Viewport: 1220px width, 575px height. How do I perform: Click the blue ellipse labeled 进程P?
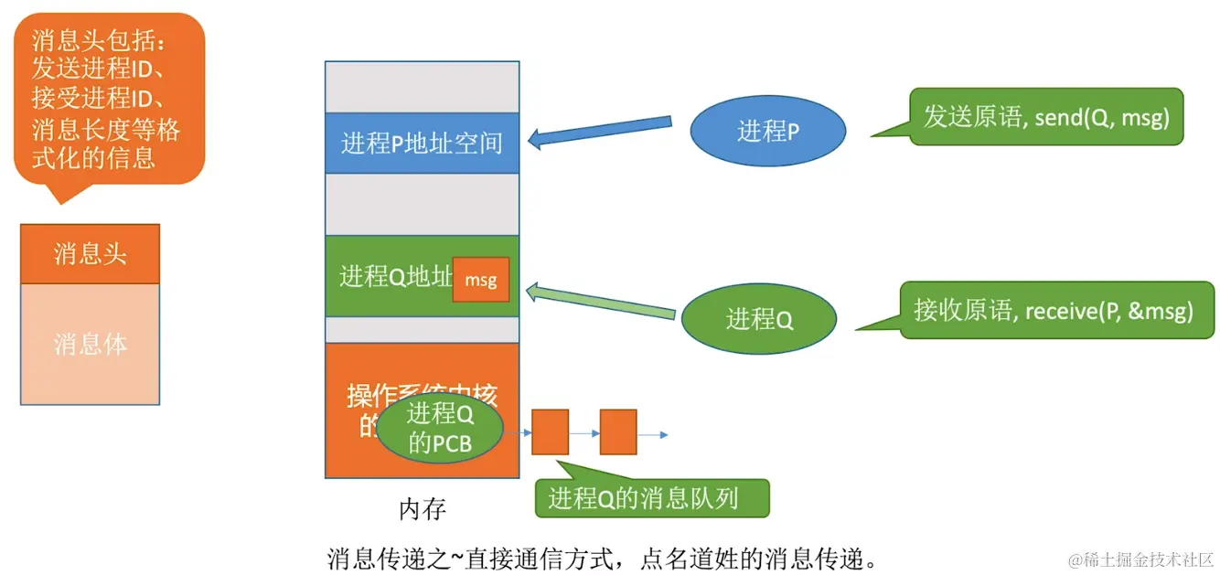767,132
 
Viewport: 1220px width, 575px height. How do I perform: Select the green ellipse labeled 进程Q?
758,319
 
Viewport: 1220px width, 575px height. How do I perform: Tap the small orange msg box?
481,280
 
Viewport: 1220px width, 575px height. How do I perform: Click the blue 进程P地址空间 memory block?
422,143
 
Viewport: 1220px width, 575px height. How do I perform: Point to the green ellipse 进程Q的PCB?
440,429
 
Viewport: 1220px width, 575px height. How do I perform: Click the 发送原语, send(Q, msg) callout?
1045,117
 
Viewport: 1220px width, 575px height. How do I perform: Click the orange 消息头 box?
90,253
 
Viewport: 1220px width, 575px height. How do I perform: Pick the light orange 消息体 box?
90,344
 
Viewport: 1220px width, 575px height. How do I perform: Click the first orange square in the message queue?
550,432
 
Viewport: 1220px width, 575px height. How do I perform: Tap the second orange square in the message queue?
618,432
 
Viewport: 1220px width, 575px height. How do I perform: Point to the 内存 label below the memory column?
423,509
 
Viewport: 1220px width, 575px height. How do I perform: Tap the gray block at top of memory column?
422,87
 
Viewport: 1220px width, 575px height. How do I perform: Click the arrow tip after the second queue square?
664,433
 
